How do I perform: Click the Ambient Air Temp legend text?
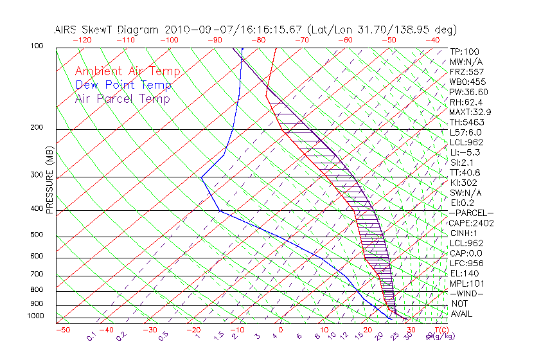127,71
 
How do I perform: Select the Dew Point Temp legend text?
123,85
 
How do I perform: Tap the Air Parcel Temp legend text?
122,98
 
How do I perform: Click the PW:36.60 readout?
468,92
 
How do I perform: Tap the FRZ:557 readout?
466,71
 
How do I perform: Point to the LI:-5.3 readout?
465,152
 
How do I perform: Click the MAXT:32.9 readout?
471,112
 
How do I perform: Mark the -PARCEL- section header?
471,213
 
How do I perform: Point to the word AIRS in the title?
67,30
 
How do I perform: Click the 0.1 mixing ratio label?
91,336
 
